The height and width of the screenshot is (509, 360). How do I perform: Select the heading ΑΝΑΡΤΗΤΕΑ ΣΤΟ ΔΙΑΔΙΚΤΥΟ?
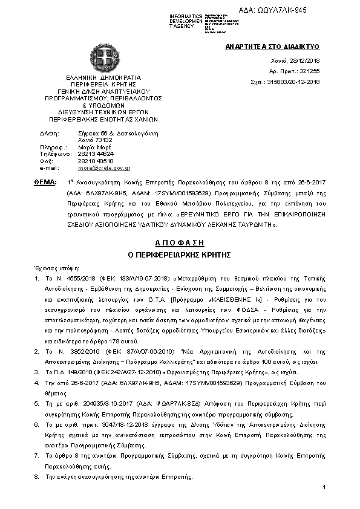point(272,47)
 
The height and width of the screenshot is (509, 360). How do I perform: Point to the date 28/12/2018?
point(306,62)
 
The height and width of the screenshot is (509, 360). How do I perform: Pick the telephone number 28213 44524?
point(96,154)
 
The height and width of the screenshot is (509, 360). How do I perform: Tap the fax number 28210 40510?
point(96,161)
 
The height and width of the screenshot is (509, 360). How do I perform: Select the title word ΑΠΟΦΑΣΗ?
point(180,240)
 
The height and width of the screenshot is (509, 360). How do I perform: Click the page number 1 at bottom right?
point(325,487)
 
